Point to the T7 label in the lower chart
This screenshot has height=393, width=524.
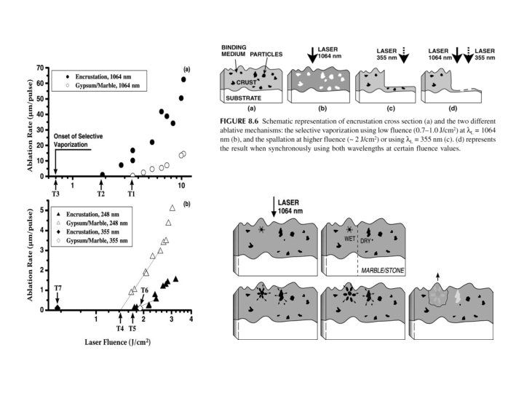tap(57, 289)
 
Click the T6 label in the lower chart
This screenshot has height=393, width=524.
tap(145, 290)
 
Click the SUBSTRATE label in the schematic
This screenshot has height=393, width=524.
tap(245, 96)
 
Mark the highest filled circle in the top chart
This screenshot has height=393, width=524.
tap(183, 79)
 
